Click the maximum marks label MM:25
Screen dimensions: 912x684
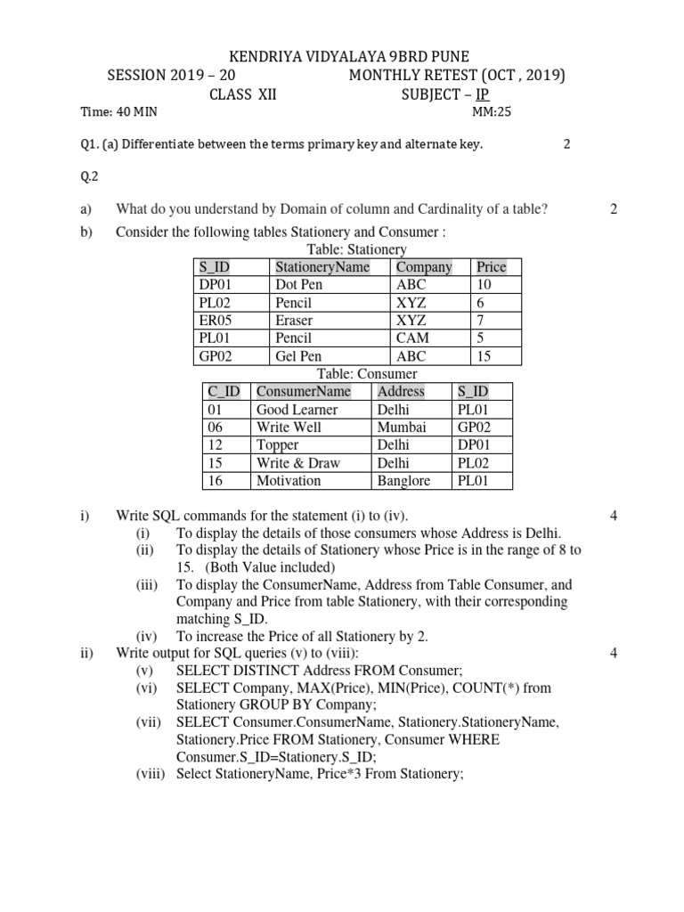(x=492, y=112)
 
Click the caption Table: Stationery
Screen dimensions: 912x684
(x=356, y=250)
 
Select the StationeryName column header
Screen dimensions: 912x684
(x=322, y=267)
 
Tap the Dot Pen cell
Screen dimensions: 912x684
(x=299, y=285)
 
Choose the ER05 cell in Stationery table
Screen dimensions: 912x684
(x=216, y=321)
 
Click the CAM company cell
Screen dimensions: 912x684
(x=412, y=338)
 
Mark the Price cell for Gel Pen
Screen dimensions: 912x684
(x=485, y=356)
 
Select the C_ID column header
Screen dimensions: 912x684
(x=224, y=392)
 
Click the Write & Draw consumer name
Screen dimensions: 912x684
(x=298, y=463)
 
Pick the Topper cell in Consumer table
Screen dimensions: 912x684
(x=277, y=445)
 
